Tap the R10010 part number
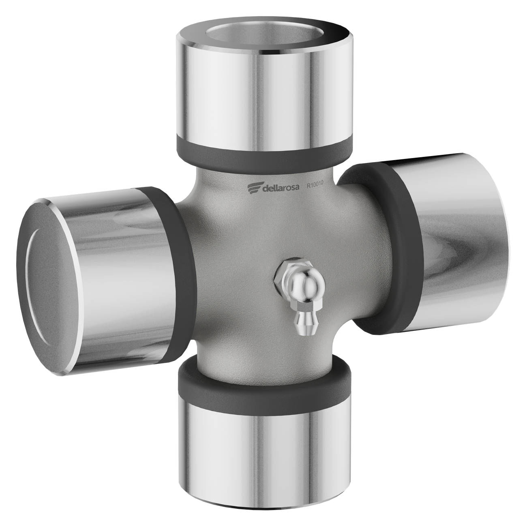point(315,184)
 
